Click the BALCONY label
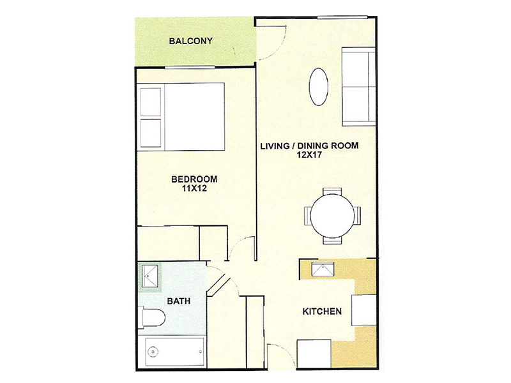[x=190, y=41]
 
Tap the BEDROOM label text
[x=194, y=179]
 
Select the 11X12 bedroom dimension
[x=194, y=188]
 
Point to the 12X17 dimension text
[x=309, y=155]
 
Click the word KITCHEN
[x=322, y=312]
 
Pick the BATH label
[x=179, y=301]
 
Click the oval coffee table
[x=318, y=86]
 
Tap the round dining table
[x=332, y=216]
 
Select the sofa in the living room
[x=358, y=86]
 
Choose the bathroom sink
[x=149, y=277]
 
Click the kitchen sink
[x=323, y=268]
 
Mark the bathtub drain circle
[x=153, y=352]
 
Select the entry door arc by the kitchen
[x=278, y=355]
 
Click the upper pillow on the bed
[x=150, y=101]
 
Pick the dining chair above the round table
[x=332, y=191]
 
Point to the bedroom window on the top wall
[x=190, y=68]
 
